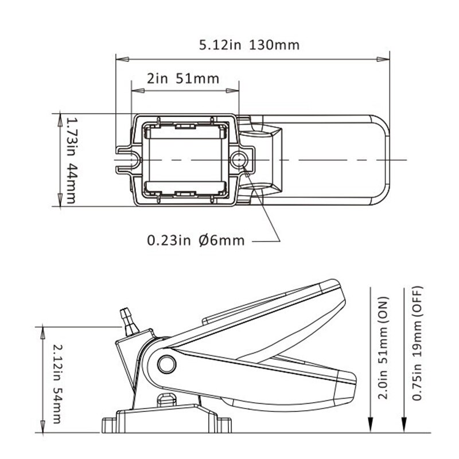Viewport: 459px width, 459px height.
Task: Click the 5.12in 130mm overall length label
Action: pos(249,45)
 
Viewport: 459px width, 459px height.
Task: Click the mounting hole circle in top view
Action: pos(239,159)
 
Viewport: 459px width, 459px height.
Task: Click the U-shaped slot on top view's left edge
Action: pos(127,159)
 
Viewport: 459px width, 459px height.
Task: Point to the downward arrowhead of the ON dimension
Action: pos(371,427)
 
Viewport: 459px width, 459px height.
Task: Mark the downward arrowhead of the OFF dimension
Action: pos(405,427)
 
